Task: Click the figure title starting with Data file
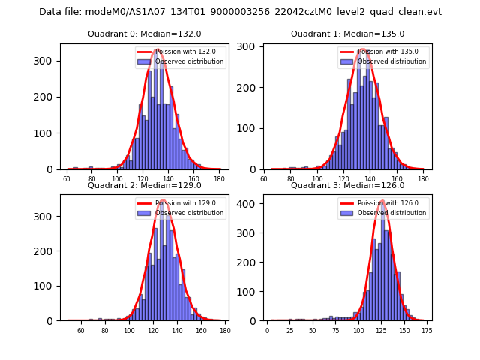240,12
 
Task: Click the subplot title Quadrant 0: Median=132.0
145,34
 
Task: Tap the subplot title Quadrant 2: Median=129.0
145,186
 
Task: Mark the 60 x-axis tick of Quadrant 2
81,331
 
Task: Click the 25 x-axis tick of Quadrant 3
290,331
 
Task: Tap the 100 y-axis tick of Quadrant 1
250,129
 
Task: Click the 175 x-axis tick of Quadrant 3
427,331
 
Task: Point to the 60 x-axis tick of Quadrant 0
67,180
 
